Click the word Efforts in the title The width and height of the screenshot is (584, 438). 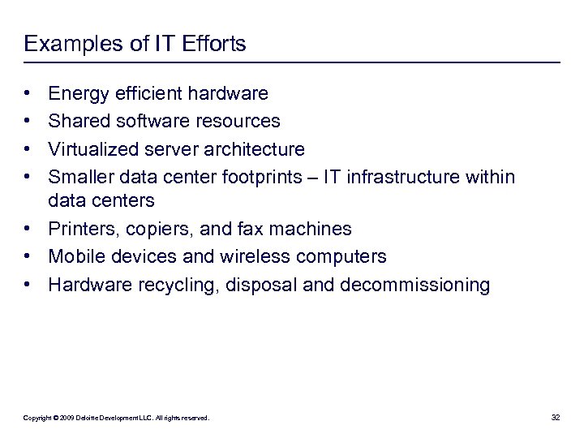[x=213, y=44]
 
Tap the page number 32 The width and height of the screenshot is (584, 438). [x=556, y=418]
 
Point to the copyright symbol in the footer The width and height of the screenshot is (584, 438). [x=57, y=418]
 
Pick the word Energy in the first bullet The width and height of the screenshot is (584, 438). [x=77, y=94]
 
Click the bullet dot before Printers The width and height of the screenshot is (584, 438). [x=28, y=230]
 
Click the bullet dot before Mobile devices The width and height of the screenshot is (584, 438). [x=28, y=257]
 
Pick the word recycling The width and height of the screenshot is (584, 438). [x=166, y=285]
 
